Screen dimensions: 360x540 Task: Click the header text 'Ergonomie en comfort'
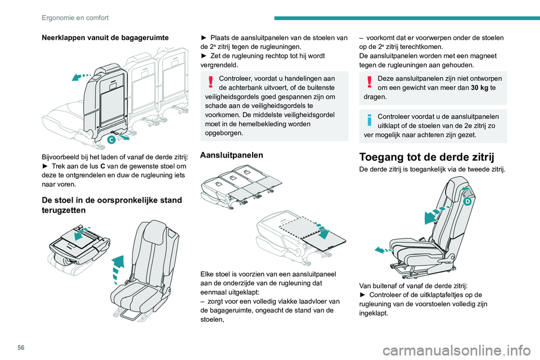75,17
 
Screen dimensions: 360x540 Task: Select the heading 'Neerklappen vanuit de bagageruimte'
98,38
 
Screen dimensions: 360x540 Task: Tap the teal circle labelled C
111,139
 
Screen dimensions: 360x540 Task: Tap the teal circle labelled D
466,201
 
